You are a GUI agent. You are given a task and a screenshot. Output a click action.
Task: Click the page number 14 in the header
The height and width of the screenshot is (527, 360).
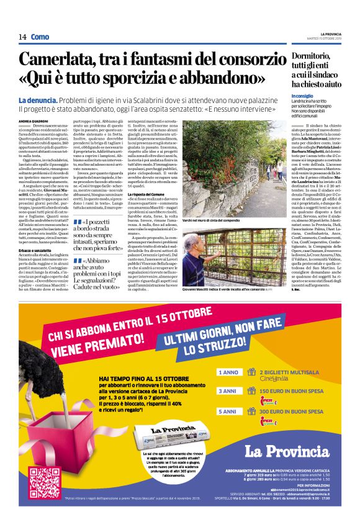tap(22, 37)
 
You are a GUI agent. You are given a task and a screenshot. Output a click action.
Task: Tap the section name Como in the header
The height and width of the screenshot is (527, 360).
tap(40, 37)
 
